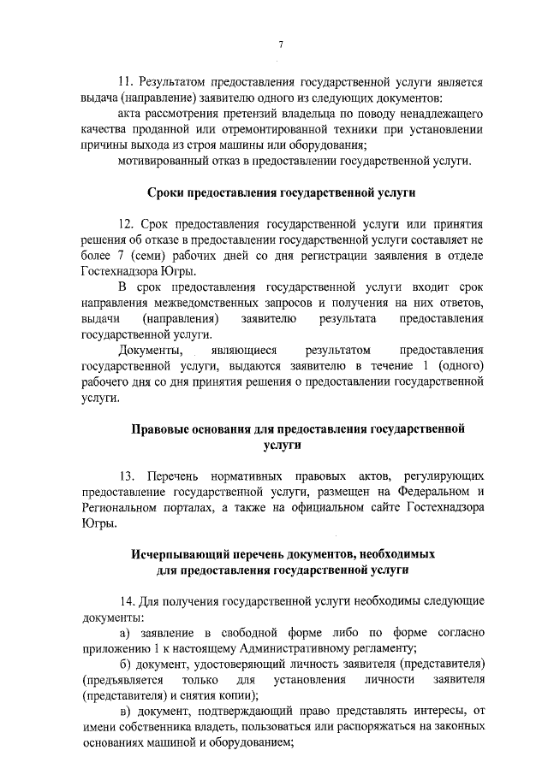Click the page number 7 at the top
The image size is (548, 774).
281,44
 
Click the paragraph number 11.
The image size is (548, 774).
124,83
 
